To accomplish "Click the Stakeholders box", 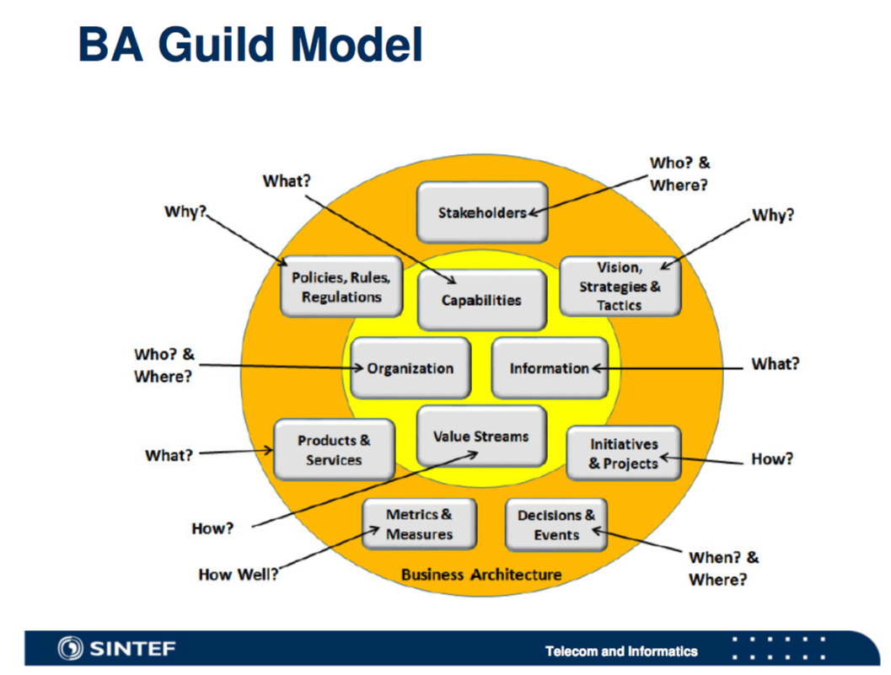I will (482, 212).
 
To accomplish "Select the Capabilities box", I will (481, 299).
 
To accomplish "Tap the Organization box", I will (411, 368).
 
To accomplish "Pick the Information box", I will (550, 368).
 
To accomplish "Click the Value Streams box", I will (481, 436).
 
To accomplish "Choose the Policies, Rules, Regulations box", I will (341, 287).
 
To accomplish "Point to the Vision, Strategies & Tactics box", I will (620, 287).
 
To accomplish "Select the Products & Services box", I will (334, 450).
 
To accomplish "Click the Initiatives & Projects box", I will (624, 453).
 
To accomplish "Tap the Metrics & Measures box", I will (419, 524).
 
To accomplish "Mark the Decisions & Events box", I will (556, 524).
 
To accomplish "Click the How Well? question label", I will (239, 575).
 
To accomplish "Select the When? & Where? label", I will (723, 569).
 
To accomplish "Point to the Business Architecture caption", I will (481, 575).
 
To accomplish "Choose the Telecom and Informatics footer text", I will (621, 651).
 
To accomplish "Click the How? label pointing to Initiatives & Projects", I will (772, 459).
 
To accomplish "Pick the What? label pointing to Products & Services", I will (169, 455).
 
